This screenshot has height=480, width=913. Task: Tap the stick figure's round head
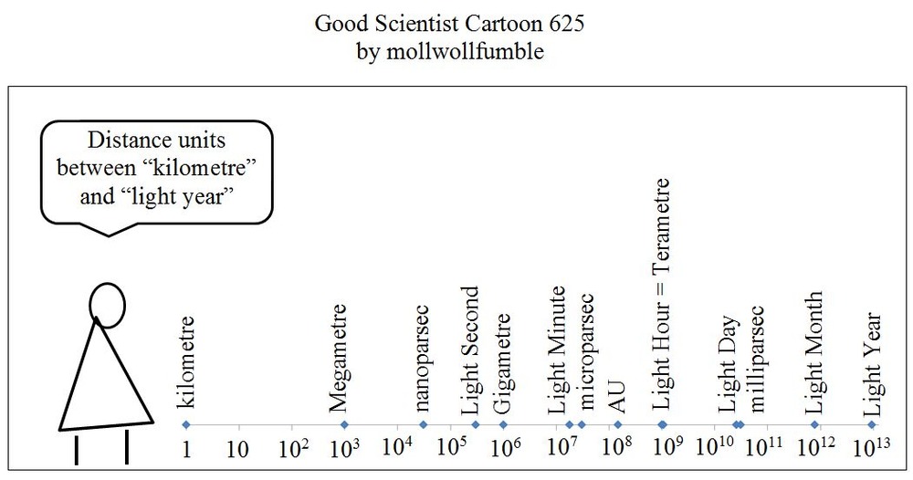pyautogui.click(x=106, y=305)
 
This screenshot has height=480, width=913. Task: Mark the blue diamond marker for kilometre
pyautogui.click(x=185, y=424)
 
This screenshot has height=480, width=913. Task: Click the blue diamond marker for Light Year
pyautogui.click(x=872, y=424)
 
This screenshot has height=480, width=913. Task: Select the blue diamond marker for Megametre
pyautogui.click(x=344, y=424)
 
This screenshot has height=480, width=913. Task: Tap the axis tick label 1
pyautogui.click(x=185, y=449)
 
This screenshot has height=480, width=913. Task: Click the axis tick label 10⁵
pyautogui.click(x=450, y=448)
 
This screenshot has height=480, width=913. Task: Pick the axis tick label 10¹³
pyautogui.click(x=872, y=448)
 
